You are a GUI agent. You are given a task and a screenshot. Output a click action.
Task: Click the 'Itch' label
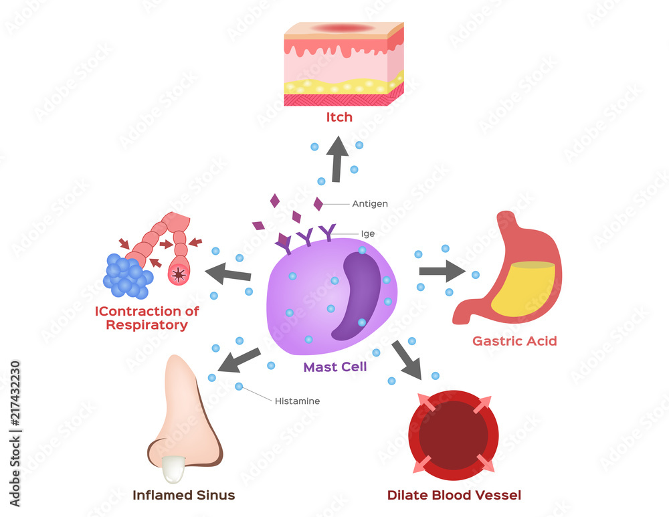point(339,118)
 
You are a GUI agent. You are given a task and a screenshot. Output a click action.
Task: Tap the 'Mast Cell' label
point(335,367)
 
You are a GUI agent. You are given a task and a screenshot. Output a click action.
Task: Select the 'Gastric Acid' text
point(514,341)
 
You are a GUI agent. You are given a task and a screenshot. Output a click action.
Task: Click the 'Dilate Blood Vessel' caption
point(454,495)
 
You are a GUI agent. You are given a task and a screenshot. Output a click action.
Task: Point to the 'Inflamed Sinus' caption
point(184,495)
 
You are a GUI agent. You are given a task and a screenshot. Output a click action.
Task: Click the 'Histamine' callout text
point(297,401)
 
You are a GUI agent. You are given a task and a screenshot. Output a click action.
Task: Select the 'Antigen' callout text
point(370,203)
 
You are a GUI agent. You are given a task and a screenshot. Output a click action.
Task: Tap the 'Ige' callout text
point(368,234)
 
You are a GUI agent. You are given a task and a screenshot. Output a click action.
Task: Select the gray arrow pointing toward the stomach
point(442,271)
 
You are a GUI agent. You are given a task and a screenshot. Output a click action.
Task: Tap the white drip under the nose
point(173,468)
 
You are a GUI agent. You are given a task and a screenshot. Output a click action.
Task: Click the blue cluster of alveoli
point(126,276)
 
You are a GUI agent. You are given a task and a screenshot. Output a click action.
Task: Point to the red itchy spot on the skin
point(343,28)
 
